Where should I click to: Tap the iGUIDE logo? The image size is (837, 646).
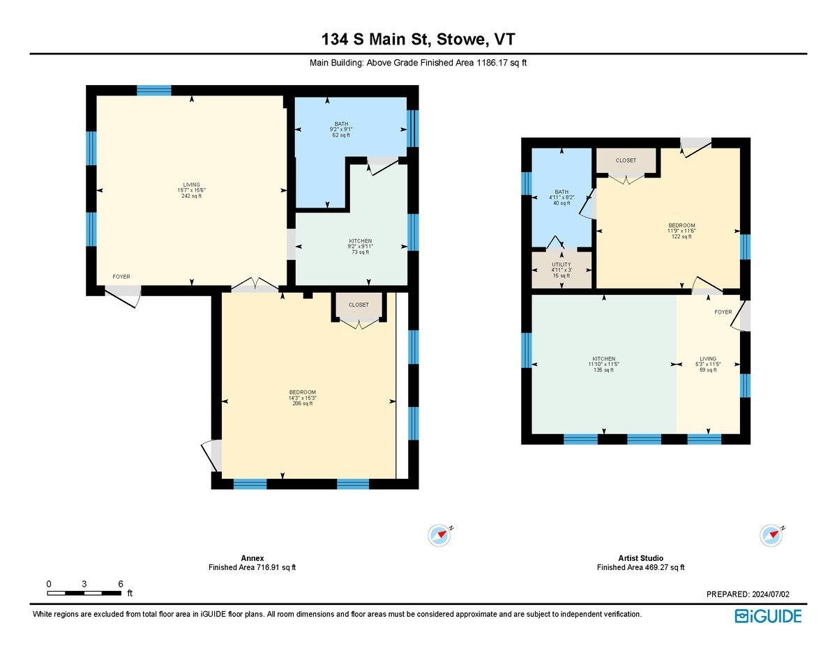(768, 616)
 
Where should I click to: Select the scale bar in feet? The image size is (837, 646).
(84, 593)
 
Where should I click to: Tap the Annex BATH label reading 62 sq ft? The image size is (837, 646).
(341, 130)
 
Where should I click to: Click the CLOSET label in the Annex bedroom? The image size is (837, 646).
(359, 305)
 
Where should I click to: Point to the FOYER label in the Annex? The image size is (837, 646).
(121, 277)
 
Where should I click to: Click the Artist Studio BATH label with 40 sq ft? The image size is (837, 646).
(561, 197)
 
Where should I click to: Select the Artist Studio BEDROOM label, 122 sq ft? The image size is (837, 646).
(681, 231)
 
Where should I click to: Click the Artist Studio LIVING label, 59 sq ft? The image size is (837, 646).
(708, 364)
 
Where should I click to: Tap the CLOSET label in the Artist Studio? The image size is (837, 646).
(626, 160)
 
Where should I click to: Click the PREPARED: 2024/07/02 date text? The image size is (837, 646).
(748, 594)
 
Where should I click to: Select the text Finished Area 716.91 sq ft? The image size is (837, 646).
(252, 567)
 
